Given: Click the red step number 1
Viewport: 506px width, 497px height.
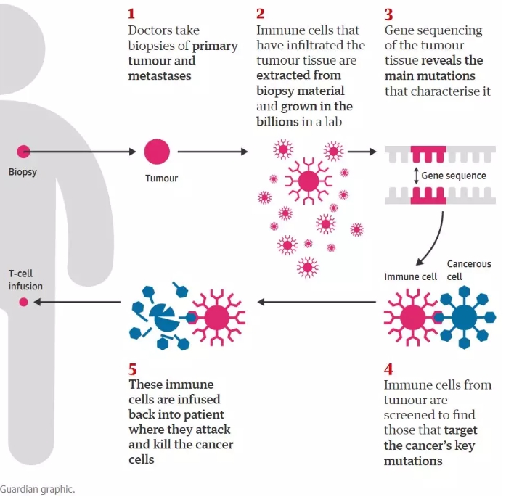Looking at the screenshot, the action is [131, 14].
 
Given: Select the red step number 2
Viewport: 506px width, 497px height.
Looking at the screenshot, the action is [260, 14].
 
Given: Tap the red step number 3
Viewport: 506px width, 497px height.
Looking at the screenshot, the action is [388, 15].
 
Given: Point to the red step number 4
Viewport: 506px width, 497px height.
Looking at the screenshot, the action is [388, 369].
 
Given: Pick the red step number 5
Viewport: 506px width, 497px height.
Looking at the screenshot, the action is [132, 369].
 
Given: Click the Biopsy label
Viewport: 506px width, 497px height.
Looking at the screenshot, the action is [23, 172].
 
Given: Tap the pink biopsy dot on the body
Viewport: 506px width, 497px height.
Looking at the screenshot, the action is [23, 151].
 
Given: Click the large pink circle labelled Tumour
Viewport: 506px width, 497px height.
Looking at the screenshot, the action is [157, 152].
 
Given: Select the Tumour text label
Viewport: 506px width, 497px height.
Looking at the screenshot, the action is [161, 178].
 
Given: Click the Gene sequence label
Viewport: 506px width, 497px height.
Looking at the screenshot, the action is [454, 176].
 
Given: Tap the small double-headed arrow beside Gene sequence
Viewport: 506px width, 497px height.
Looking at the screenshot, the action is [416, 176].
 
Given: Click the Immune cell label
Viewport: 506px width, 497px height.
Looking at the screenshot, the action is [410, 276].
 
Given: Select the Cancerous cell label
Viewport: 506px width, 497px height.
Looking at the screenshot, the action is [469, 271].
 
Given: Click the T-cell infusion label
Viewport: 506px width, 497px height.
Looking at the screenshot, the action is [25, 279].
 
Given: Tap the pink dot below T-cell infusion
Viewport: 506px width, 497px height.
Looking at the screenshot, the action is [23, 302].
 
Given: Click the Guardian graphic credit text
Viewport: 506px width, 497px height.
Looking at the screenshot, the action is [38, 489].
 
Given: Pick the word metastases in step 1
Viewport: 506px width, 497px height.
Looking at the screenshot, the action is [160, 75].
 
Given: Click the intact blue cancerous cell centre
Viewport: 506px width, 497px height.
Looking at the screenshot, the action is [464, 318].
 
